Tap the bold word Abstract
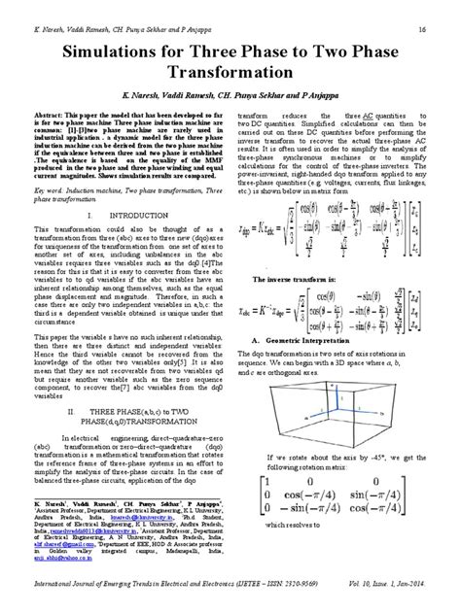tap(57, 142)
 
